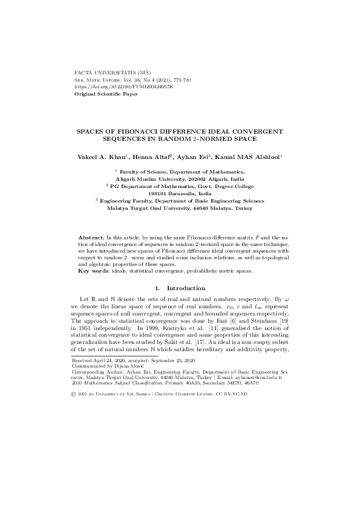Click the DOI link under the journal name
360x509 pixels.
coord(123,87)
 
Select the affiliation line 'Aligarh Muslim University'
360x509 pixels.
coord(180,180)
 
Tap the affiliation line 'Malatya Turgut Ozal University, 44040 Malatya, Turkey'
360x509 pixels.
coord(180,207)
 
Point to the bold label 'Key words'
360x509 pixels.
coord(91,271)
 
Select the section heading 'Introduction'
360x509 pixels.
coord(186,287)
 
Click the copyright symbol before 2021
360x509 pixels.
coord(74,394)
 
